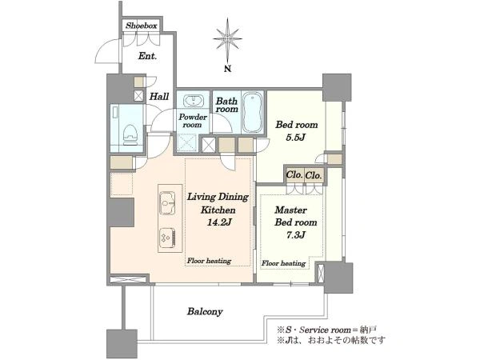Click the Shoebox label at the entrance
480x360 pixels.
click(x=142, y=26)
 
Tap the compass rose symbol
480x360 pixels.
click(x=227, y=39)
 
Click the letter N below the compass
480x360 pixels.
click(x=227, y=69)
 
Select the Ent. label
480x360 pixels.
click(x=147, y=56)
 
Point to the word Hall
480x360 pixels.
click(x=159, y=97)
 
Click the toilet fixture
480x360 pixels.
click(x=130, y=135)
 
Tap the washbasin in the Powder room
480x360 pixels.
click(x=193, y=101)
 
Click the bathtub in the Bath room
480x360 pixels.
click(x=253, y=112)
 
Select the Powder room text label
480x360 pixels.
click(x=193, y=121)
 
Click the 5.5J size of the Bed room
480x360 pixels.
click(x=296, y=138)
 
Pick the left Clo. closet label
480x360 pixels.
click(x=294, y=175)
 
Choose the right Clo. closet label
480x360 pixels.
click(x=314, y=175)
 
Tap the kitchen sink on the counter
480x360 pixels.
click(x=167, y=202)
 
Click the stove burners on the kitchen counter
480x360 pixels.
click(x=167, y=238)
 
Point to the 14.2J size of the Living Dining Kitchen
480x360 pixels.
click(x=219, y=222)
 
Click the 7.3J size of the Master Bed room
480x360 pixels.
click(x=295, y=235)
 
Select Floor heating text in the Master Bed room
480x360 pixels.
click(x=283, y=263)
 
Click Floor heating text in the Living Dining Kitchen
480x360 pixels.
click(x=209, y=261)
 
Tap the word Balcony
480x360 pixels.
click(x=205, y=312)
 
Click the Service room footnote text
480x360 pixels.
click(x=326, y=330)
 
